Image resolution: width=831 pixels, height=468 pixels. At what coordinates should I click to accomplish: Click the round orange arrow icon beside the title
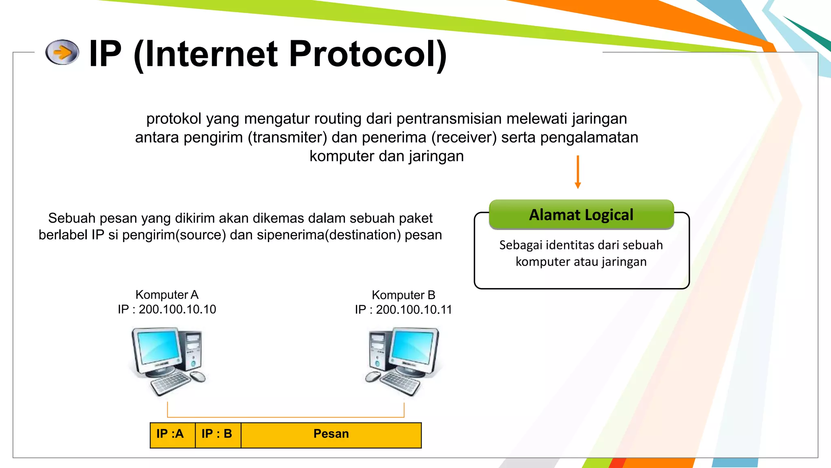(x=62, y=52)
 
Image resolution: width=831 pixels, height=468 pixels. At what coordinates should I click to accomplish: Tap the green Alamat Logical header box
(x=581, y=214)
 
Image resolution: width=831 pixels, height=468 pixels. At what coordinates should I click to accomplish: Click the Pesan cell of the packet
(x=331, y=434)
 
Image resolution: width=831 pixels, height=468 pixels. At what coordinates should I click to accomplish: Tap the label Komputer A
(x=167, y=295)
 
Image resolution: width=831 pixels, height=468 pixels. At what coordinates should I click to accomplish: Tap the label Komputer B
(x=403, y=295)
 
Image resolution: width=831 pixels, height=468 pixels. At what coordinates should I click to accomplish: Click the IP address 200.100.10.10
(x=177, y=310)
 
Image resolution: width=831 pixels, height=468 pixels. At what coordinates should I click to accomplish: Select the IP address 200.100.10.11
(x=414, y=310)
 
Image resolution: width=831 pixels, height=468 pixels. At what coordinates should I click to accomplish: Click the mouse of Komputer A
(x=198, y=377)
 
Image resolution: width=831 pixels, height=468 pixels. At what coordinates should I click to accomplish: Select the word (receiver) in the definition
(x=464, y=138)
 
